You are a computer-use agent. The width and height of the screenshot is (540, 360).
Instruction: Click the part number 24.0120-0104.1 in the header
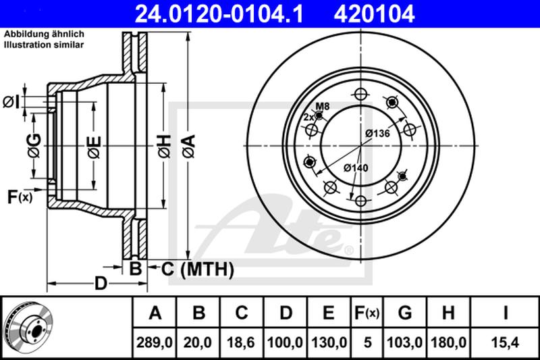coord(219,14)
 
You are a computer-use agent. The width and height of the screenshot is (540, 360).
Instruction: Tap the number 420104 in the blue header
coord(374,14)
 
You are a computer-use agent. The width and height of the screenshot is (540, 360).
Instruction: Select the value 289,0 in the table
coord(155,342)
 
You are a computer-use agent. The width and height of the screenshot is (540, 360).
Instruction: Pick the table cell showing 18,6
coord(241,342)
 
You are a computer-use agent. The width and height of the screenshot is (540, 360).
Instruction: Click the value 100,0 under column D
coord(285,342)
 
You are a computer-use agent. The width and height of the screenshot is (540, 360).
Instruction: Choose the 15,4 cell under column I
coord(504,342)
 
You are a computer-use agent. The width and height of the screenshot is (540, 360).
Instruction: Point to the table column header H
coord(448,313)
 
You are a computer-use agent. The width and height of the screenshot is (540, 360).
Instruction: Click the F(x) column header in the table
coord(367,313)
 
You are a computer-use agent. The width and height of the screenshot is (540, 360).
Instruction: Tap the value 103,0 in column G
coord(404,342)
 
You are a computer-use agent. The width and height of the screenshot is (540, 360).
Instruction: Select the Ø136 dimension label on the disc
coord(377,133)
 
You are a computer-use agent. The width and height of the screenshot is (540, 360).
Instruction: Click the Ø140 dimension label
coord(356,168)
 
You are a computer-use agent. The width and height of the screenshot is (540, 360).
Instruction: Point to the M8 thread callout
coord(323,106)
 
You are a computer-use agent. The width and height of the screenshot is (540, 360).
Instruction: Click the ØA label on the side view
coord(189,147)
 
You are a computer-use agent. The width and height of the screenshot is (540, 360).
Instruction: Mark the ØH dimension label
coord(165,147)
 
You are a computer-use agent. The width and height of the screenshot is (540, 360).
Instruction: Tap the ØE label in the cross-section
coord(94,147)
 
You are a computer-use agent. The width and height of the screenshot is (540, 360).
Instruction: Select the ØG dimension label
coord(34,145)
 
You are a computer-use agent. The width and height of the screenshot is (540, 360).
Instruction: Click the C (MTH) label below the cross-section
coord(198,269)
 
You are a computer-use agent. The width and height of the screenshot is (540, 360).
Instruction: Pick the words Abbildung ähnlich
coord(44,34)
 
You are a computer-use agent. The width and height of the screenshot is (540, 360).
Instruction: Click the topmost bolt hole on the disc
coord(360,94)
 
